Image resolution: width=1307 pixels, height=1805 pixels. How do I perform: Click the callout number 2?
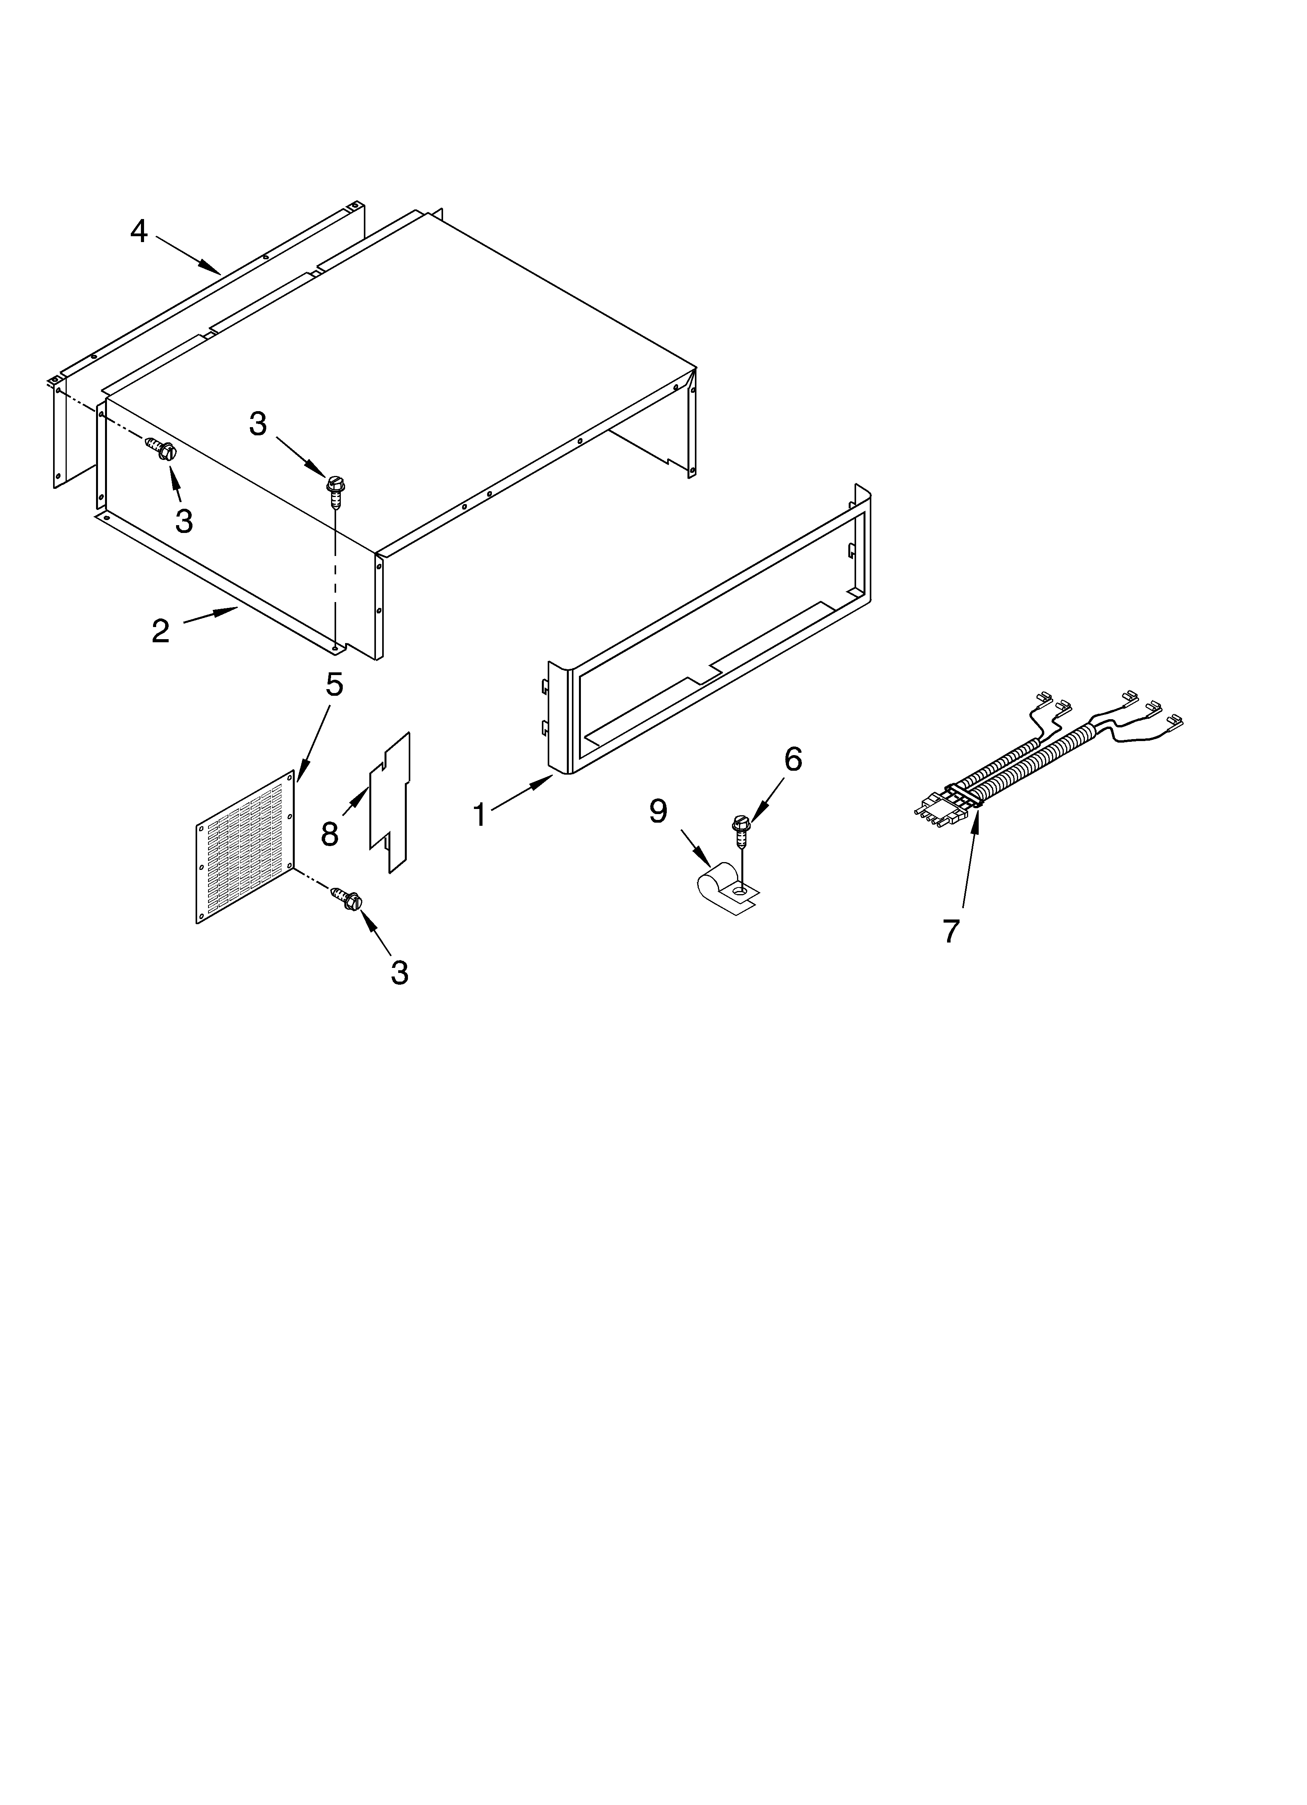[161, 631]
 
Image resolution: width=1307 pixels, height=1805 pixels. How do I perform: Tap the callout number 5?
[334, 684]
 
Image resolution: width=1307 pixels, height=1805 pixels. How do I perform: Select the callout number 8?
[329, 833]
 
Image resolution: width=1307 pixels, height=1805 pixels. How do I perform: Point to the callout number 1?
[480, 814]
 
